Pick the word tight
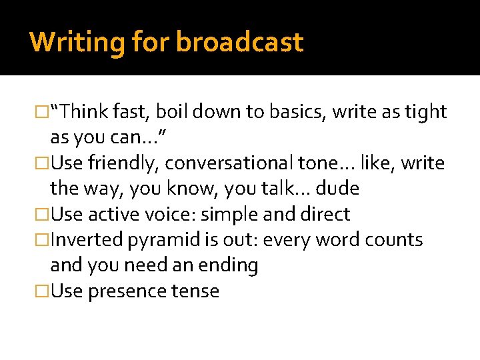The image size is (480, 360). (x=425, y=112)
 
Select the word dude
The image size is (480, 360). (x=337, y=189)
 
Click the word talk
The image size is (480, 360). (x=274, y=189)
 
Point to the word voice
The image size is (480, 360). (x=171, y=215)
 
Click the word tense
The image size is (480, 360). (x=195, y=291)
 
